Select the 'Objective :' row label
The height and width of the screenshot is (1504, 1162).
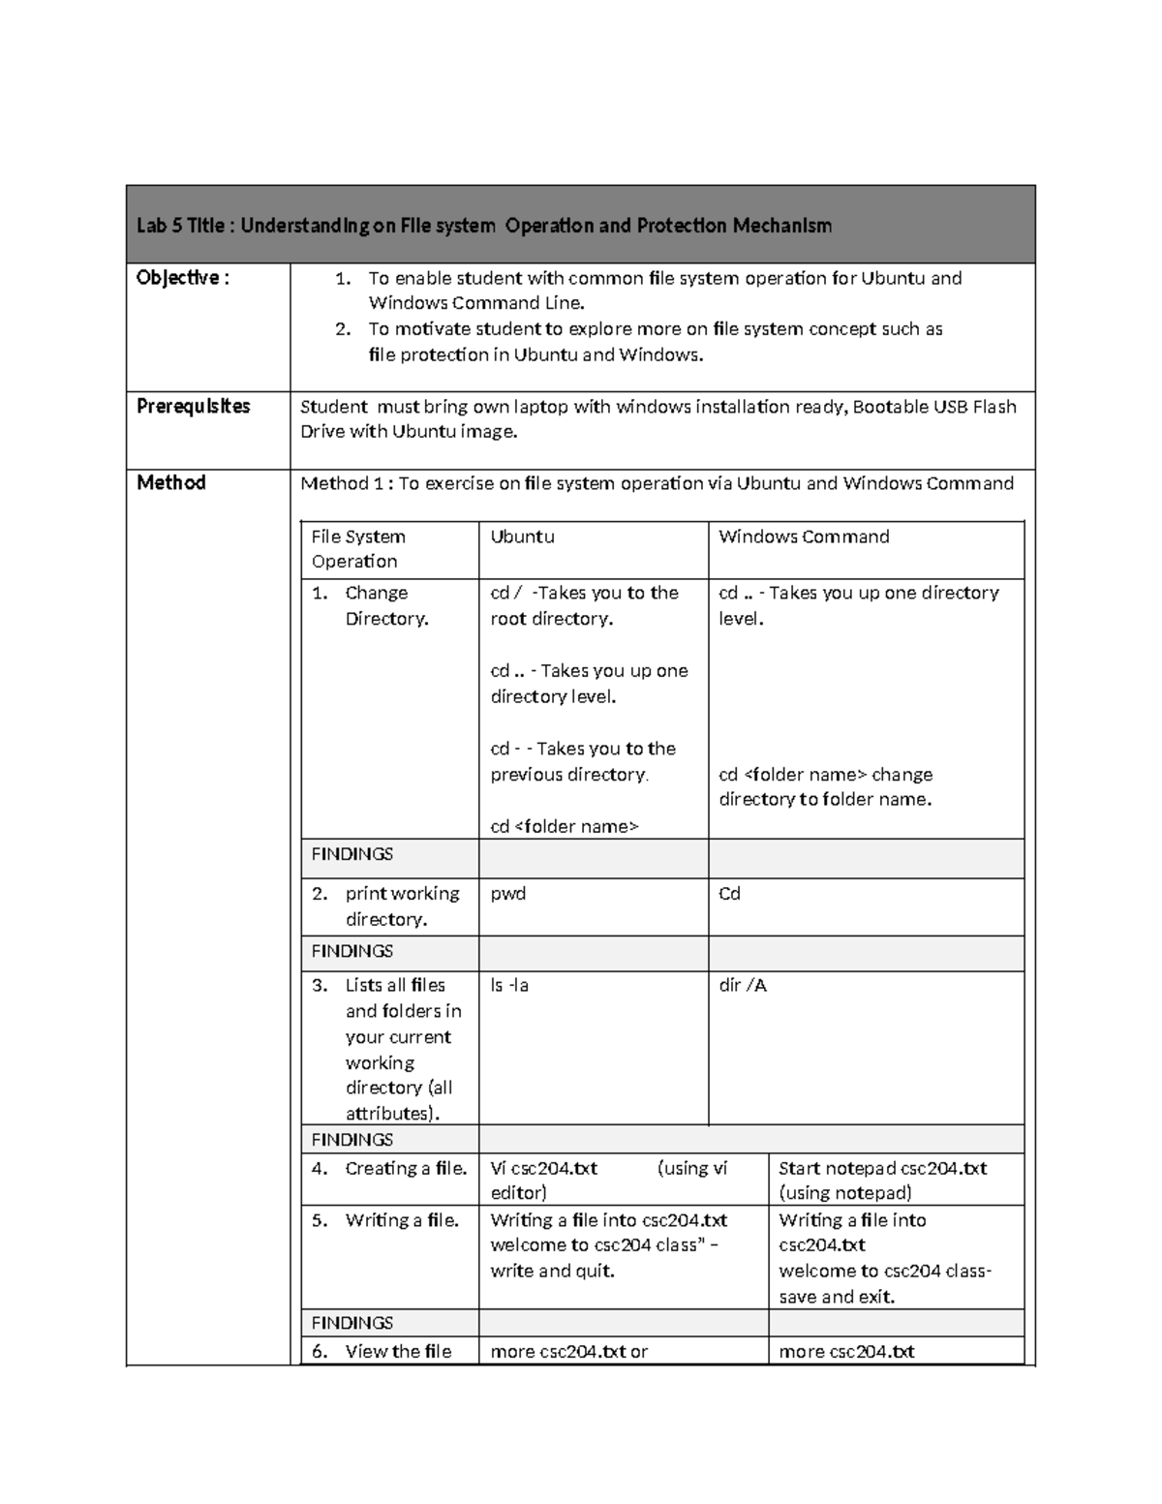tap(183, 278)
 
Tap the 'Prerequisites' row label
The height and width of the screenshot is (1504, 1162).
tap(194, 406)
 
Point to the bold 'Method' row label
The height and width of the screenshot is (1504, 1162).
tap(171, 482)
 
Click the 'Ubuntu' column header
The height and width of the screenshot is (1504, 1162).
tap(522, 537)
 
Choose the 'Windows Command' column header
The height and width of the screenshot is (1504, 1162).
tap(804, 537)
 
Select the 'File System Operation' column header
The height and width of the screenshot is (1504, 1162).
tap(358, 548)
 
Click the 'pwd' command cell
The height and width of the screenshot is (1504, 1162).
tap(508, 893)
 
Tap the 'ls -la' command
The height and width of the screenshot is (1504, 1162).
tap(509, 985)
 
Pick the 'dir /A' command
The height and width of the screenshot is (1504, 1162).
tap(743, 985)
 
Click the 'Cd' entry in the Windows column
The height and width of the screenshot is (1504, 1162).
tap(729, 893)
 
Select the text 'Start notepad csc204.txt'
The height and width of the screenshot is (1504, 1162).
tap(882, 1168)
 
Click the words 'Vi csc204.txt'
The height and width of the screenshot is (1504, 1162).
tap(544, 1168)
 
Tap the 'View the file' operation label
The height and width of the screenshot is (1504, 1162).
tap(398, 1351)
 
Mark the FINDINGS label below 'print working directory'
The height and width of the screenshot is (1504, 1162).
tap(352, 951)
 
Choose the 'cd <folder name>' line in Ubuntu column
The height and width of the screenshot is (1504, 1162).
tap(565, 826)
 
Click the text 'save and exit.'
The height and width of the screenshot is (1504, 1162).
tap(837, 1297)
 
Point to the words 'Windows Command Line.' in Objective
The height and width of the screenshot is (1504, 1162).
tap(476, 303)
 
